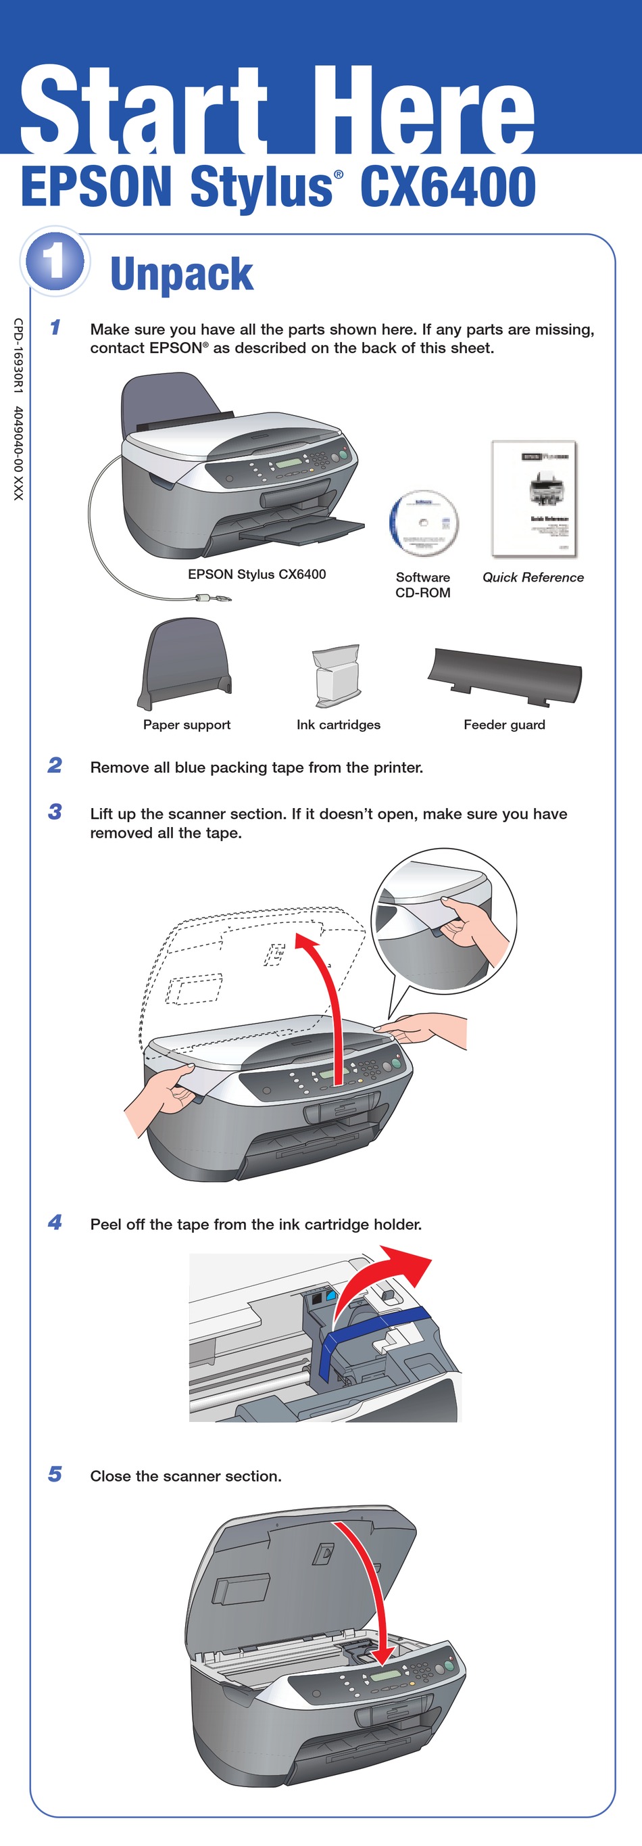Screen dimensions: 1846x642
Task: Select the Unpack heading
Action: pyautogui.click(x=181, y=275)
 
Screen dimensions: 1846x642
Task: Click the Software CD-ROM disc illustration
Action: pyautogui.click(x=424, y=523)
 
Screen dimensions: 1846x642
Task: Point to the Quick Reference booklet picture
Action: pyautogui.click(x=534, y=499)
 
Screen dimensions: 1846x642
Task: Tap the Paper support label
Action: pyautogui.click(x=187, y=724)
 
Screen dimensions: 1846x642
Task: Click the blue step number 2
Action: pyautogui.click(x=55, y=765)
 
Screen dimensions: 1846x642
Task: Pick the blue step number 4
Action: pyautogui.click(x=55, y=1222)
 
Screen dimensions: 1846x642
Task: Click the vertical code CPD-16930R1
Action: pyautogui.click(x=19, y=354)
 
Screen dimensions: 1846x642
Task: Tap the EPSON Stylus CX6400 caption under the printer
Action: pyautogui.click(x=257, y=574)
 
